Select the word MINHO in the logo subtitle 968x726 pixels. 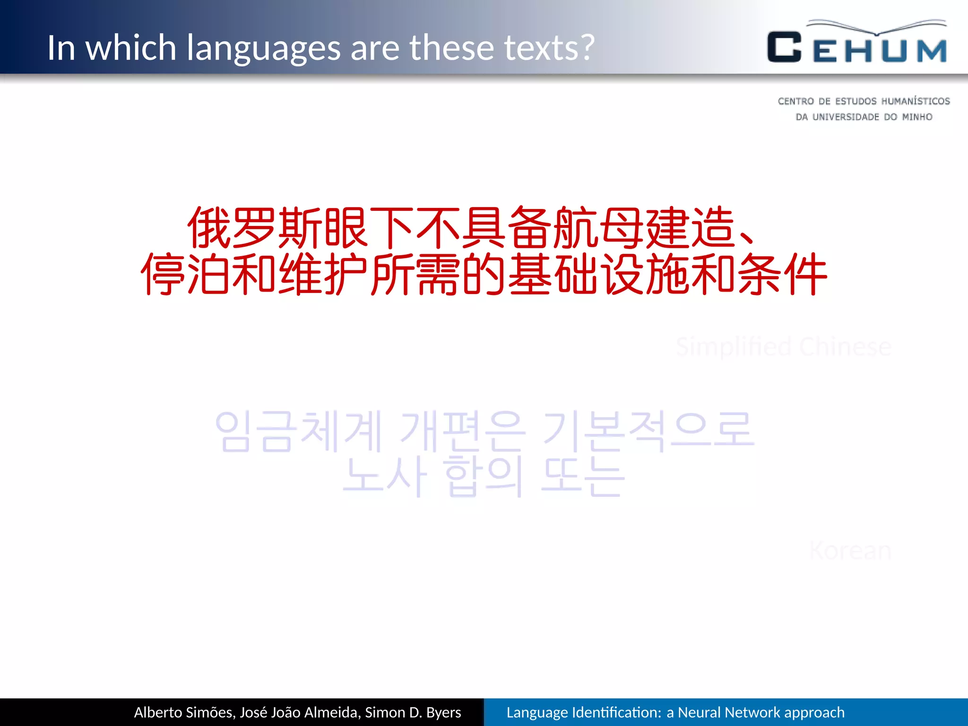(917, 117)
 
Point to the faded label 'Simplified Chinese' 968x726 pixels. (783, 346)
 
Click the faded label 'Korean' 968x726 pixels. (850, 551)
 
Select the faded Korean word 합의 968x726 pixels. (484, 475)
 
